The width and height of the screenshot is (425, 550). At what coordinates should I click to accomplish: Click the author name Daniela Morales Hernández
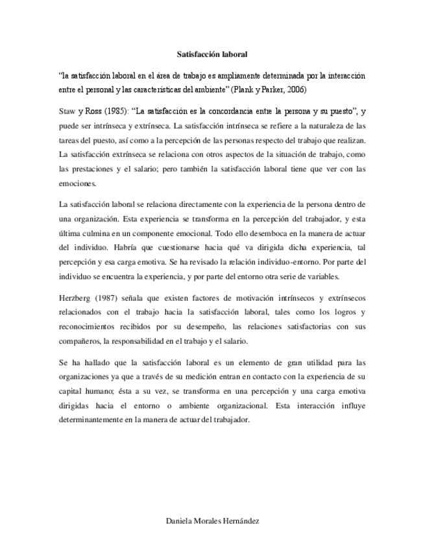[213, 521]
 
